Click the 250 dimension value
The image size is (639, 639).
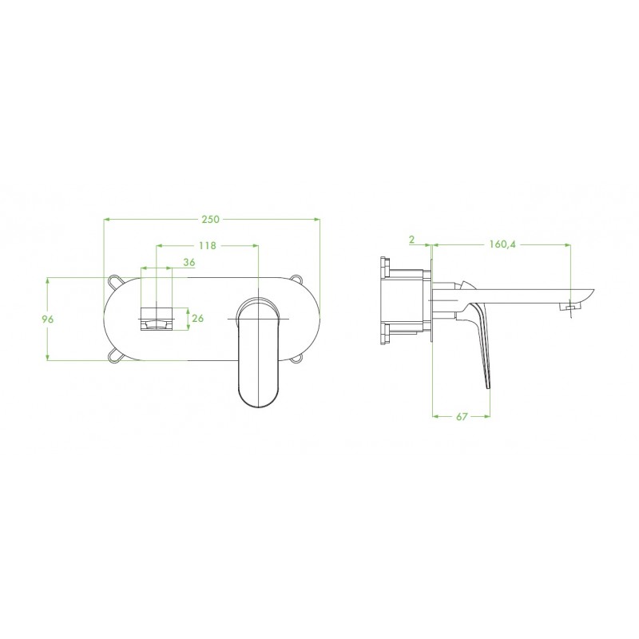211,219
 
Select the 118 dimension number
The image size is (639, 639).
208,246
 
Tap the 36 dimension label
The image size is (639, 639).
189,263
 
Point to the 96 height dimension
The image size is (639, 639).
48,319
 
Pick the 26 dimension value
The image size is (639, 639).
197,318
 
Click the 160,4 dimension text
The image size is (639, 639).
502,244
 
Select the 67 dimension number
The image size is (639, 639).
462,416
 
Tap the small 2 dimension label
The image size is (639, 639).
412,240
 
